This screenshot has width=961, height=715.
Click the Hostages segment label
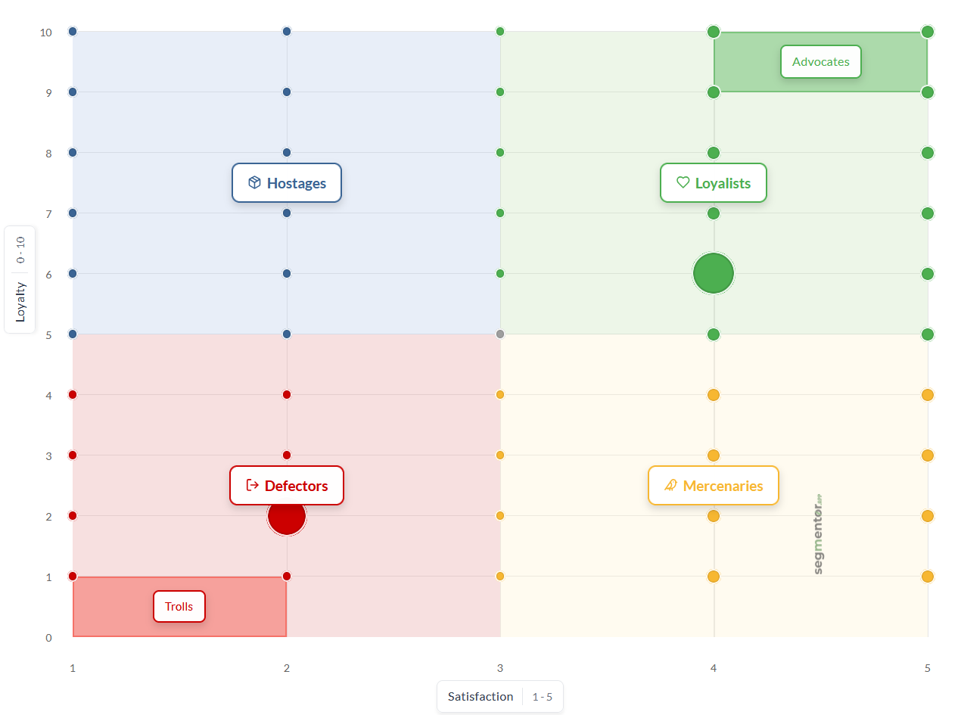[x=287, y=183]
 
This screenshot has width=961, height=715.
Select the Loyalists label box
[x=714, y=183]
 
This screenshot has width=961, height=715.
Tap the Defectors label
[x=287, y=486]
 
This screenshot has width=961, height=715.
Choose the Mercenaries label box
[x=714, y=486]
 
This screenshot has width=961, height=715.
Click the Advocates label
[x=821, y=62]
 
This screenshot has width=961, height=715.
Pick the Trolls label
[x=179, y=607]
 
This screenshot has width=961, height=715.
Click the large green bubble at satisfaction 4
[x=714, y=273]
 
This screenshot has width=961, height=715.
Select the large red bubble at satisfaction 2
[x=287, y=516]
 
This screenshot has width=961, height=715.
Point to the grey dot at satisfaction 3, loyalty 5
[x=500, y=334]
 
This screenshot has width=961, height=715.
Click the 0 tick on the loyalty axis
[x=48, y=637]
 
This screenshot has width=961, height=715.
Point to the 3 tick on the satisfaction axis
[x=500, y=668]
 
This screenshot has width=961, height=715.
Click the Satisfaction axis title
[x=480, y=697]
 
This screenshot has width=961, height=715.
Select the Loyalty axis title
[x=20, y=301]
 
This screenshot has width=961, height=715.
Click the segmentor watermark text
[x=819, y=534]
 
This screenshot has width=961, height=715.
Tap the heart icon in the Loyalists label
[x=683, y=182]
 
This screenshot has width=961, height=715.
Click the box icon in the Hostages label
[x=254, y=182]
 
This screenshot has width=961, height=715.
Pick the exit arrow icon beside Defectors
[x=253, y=485]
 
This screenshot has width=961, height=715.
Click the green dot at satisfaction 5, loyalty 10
[x=928, y=32]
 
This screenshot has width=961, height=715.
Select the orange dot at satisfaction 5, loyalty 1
[x=928, y=577]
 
